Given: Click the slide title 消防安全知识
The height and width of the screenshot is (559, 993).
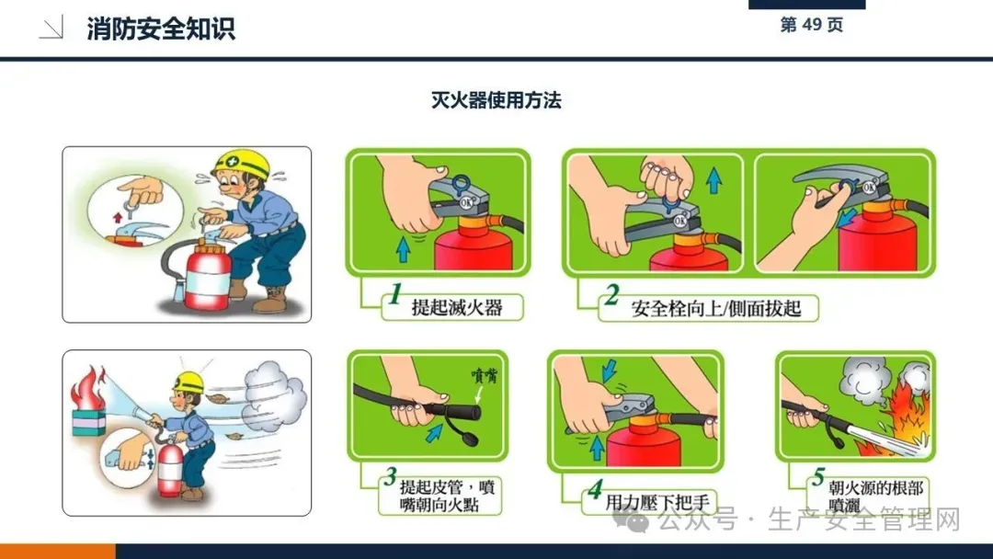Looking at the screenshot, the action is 161,29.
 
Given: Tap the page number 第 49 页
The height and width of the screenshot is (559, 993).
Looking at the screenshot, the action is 811,25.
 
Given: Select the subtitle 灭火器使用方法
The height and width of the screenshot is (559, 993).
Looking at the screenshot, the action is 496,100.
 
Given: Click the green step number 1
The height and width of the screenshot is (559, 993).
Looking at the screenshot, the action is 395,294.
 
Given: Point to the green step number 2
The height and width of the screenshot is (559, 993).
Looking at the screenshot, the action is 611,295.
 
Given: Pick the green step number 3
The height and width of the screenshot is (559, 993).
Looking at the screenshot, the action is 390,476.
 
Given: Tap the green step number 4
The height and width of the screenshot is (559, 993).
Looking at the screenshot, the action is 595,489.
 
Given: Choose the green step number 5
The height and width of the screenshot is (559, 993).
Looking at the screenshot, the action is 818,476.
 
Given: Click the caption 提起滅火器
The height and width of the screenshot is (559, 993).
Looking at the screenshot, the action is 457,308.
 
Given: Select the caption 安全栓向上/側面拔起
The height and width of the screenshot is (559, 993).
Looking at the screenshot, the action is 715,308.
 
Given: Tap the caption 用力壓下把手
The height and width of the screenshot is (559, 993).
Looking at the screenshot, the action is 657,503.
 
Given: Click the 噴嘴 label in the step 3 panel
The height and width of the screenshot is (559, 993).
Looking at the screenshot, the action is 485,376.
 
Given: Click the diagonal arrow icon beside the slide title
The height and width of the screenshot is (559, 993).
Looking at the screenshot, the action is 51,29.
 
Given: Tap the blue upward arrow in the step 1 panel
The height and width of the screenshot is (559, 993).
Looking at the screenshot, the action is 403,250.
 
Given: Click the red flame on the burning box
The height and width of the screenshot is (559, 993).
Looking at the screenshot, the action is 87,387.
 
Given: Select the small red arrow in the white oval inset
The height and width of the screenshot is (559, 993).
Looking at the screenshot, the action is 117,218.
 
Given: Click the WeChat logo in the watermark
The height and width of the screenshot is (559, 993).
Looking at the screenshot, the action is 631,519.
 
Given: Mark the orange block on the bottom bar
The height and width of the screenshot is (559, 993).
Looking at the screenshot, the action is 58,551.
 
